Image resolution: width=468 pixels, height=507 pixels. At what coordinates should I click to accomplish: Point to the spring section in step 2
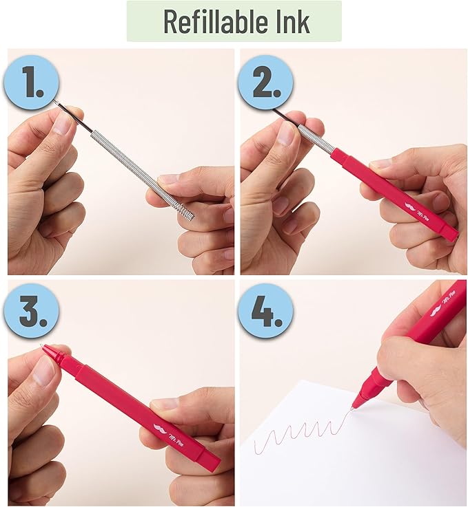click(316, 140)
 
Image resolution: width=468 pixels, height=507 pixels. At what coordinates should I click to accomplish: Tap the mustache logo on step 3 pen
click(160, 431)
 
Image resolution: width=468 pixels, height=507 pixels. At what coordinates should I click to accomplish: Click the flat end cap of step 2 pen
click(451, 235)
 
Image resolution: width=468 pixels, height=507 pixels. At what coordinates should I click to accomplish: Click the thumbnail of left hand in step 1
click(63, 124)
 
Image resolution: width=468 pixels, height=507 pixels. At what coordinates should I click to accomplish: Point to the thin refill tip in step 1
click(58, 104)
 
